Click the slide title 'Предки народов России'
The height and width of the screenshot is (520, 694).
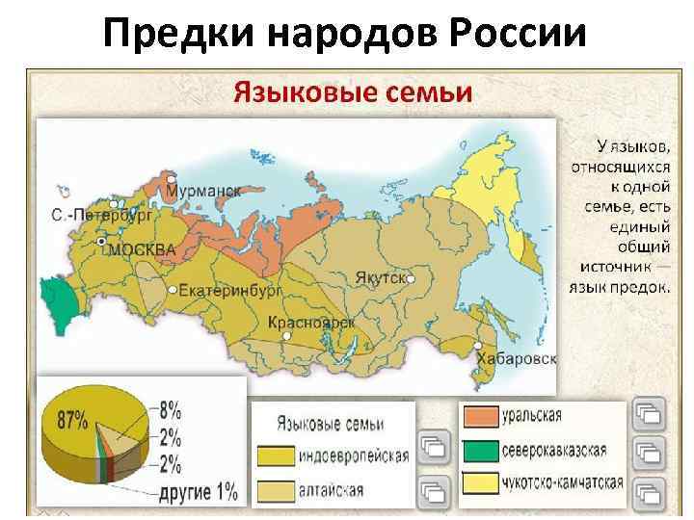click(344, 35)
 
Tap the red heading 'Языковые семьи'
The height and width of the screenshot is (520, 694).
click(351, 93)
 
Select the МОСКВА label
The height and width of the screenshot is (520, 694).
click(142, 249)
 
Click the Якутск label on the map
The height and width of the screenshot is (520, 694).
click(379, 277)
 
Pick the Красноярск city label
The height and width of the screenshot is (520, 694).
click(311, 323)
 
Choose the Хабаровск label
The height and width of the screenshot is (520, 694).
click(516, 358)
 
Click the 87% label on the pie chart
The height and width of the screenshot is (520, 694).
click(71, 420)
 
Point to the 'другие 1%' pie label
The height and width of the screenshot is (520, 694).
click(198, 493)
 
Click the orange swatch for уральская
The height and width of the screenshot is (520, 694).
click(480, 416)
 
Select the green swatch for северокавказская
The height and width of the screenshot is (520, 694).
click(480, 450)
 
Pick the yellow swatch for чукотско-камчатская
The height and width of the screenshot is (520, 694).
click(480, 483)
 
